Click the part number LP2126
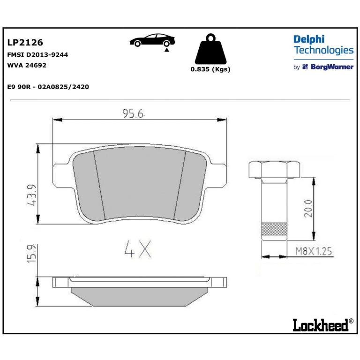click(x=25, y=43)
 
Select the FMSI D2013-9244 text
click(x=37, y=55)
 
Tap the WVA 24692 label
click(x=27, y=65)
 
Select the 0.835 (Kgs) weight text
click(x=210, y=69)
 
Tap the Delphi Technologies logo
click(x=323, y=45)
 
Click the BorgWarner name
click(x=332, y=67)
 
